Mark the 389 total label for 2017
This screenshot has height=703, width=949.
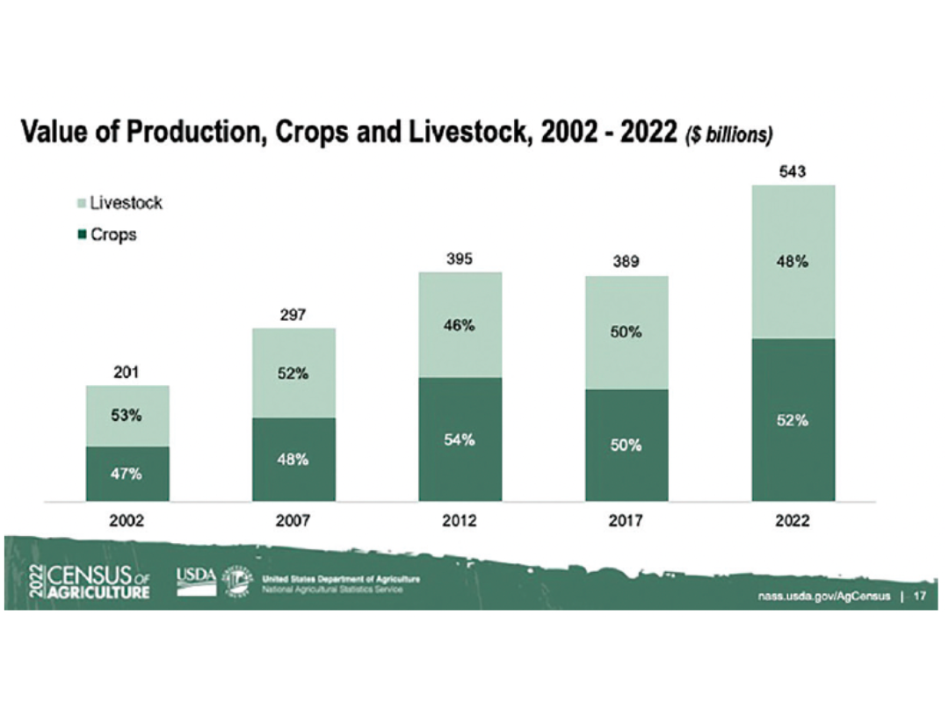point(627,261)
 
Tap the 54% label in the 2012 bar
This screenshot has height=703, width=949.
point(460,440)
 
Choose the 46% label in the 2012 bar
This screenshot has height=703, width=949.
point(460,326)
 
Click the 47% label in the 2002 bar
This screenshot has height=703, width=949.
point(127,475)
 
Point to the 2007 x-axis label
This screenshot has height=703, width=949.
point(293,521)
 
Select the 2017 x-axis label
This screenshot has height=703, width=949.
point(627,521)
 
